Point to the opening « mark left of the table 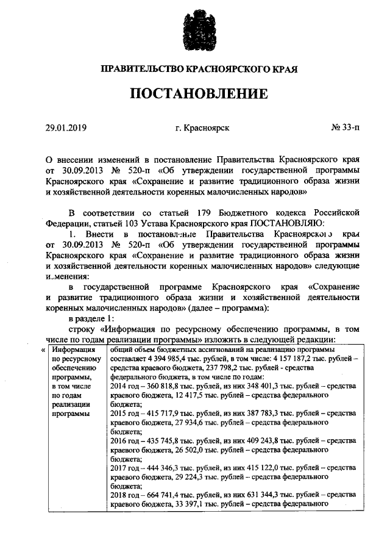click(42, 351)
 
